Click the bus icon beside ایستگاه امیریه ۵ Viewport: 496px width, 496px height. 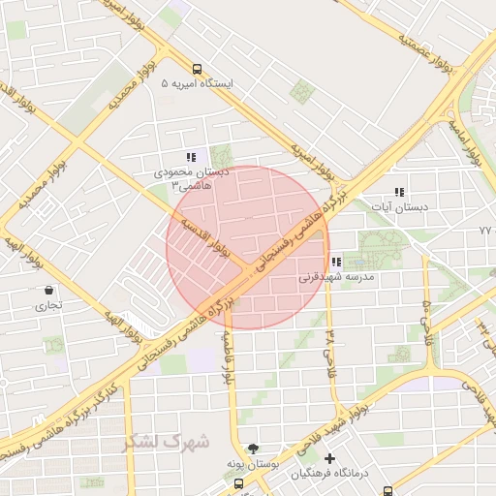tap(198, 70)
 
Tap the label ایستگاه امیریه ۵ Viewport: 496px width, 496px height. tap(198, 83)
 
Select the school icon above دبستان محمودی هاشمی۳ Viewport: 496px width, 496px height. tap(191, 157)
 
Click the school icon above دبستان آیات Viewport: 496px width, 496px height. tap(399, 193)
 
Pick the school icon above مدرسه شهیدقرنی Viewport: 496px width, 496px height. tap(335, 262)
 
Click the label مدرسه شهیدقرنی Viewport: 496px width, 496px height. tap(335, 276)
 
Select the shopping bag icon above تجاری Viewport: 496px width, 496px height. tap(48, 290)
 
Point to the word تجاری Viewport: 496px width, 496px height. tap(48, 304)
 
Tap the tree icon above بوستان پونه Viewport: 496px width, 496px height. tap(254, 449)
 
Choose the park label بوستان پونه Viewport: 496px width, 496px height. tap(254, 464)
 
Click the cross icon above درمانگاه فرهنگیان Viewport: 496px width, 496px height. tap(330, 458)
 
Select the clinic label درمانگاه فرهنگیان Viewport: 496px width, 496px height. tap(330, 473)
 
